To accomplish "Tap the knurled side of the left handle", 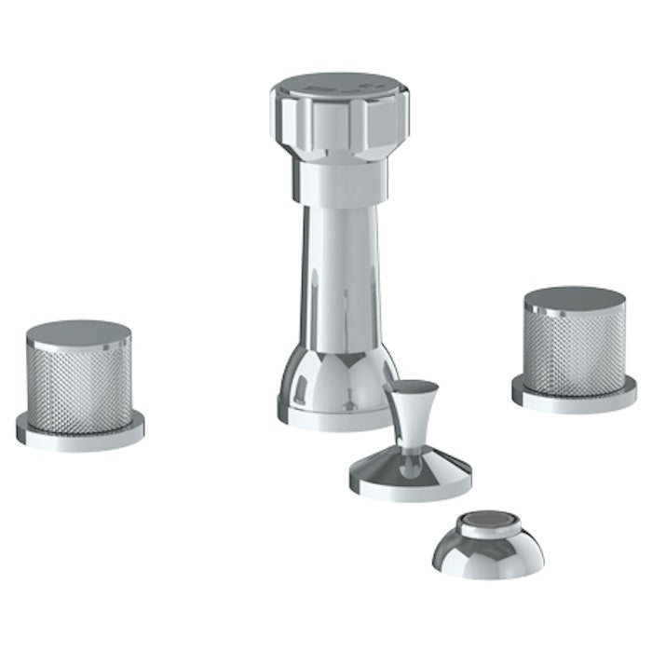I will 78,383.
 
